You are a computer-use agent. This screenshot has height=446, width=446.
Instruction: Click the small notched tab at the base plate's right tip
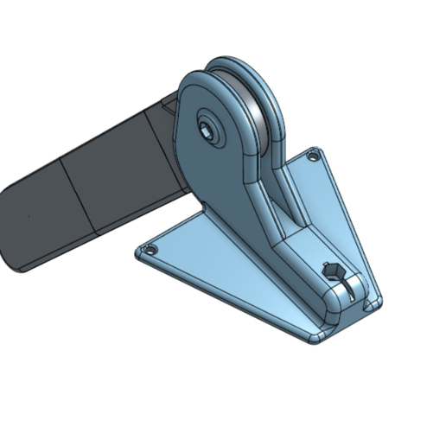coord(373,303)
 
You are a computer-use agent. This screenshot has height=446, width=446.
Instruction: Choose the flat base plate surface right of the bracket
coord(333,216)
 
